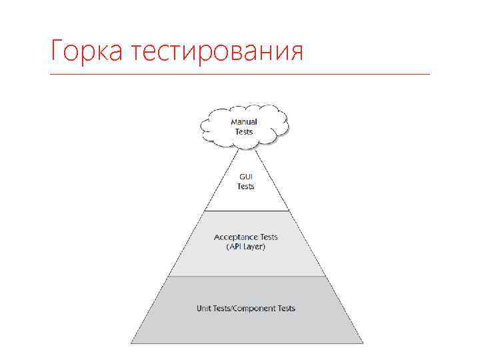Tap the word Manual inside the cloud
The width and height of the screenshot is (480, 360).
244,122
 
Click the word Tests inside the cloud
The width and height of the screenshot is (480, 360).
244,131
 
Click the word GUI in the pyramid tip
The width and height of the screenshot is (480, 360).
246,177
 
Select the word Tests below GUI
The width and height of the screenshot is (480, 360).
246,187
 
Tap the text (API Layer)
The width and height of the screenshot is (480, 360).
246,247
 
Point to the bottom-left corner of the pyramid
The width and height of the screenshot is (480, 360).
131,343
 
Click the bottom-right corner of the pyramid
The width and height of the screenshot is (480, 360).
363,343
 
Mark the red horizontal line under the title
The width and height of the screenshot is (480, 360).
240,73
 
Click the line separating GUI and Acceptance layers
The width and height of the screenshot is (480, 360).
246,211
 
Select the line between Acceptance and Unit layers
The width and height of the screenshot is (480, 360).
246,276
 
